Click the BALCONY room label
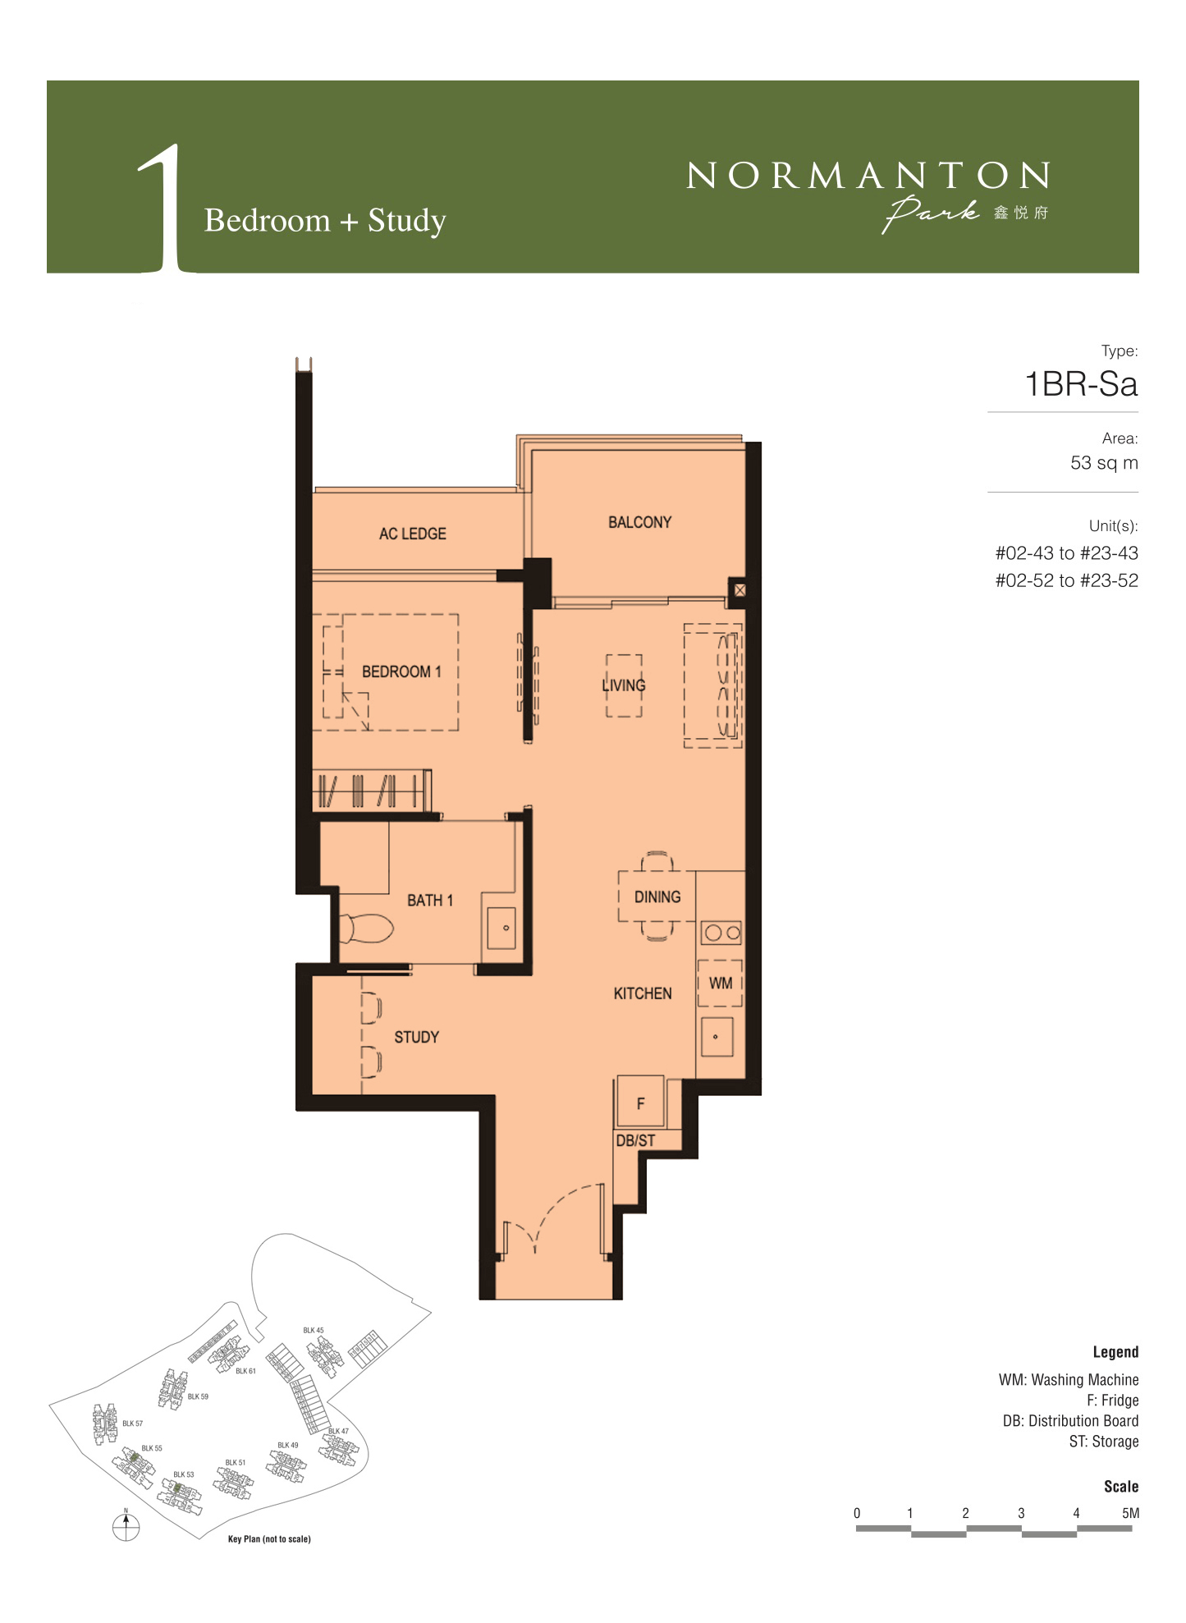pos(639,522)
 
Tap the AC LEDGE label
pos(413,534)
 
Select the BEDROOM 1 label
pos(401,672)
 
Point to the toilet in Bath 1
pos(366,928)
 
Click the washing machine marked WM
pos(720,983)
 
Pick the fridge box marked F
pos(640,1103)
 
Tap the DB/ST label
pos(635,1140)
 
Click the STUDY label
pos(416,1037)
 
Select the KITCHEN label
pos(643,993)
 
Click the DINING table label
pos(657,896)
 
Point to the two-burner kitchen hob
pos(721,933)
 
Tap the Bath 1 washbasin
pos(501,928)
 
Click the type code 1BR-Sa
pos(1081,384)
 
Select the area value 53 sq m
pos(1104,463)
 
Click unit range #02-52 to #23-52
pos(1066,580)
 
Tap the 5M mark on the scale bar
pos(1130,1513)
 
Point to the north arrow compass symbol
pos(126,1525)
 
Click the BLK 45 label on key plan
pos(314,1330)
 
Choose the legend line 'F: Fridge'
pos(1113,1401)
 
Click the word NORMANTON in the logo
pos(868,175)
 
